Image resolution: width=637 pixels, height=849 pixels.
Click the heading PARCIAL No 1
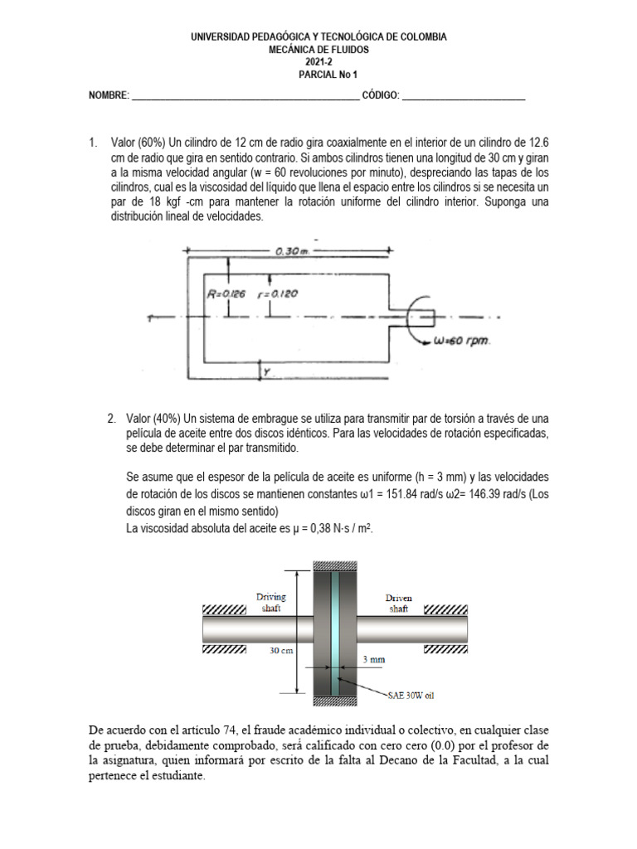[318, 74]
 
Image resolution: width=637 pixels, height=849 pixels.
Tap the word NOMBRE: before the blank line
[109, 97]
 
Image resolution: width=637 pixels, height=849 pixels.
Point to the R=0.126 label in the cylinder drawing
[226, 294]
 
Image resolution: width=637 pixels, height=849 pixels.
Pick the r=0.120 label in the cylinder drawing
[278, 294]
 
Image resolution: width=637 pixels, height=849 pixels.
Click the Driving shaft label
[273, 602]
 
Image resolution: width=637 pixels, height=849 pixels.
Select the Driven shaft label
[398, 602]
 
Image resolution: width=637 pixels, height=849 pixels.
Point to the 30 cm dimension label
[282, 651]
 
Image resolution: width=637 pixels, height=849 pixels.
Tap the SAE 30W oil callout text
[412, 696]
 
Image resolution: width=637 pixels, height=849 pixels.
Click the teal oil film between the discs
[335, 630]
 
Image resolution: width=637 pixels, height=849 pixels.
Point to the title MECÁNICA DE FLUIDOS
[318, 50]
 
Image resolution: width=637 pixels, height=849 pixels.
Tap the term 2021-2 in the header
[318, 62]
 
